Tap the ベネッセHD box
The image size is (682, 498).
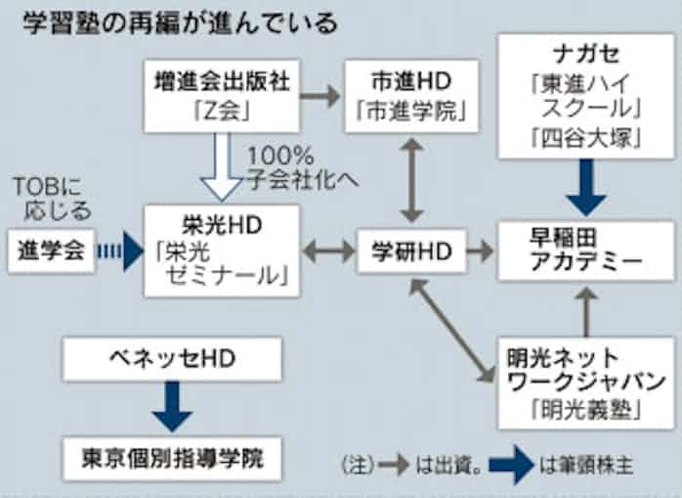click(171, 360)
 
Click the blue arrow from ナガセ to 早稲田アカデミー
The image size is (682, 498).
click(585, 188)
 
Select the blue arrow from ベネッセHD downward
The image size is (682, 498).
click(172, 406)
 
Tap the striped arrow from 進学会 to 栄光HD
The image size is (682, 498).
click(120, 250)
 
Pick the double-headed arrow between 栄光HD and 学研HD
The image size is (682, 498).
click(328, 250)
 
